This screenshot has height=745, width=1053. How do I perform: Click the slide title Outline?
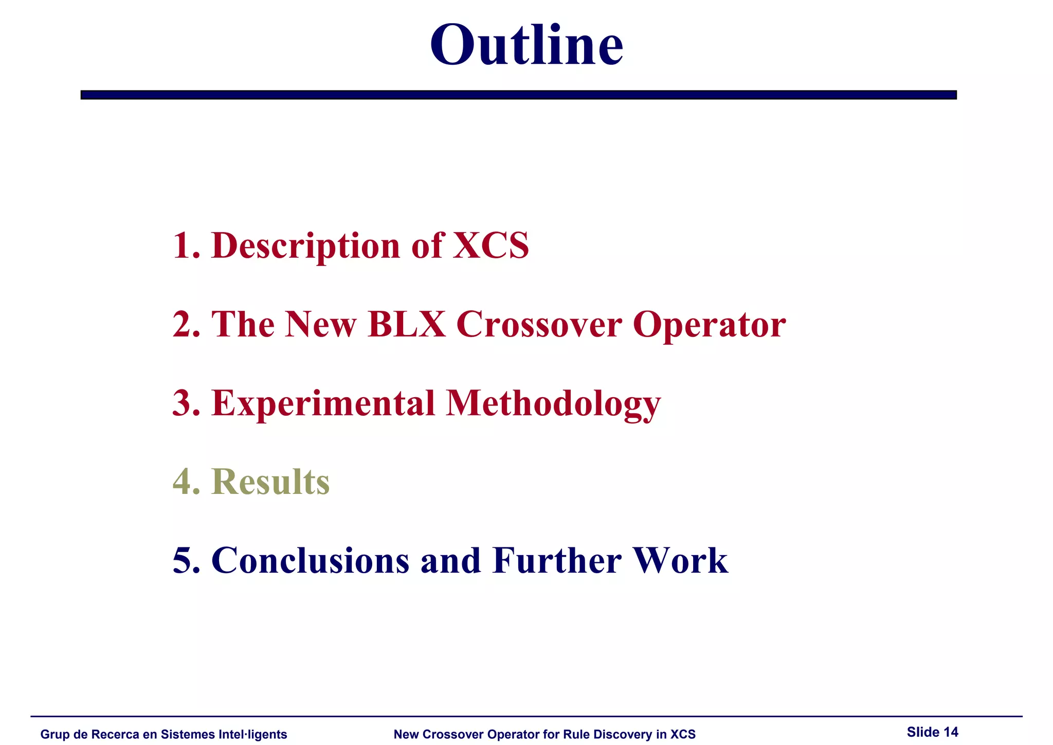[526, 45]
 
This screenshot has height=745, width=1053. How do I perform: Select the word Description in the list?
[305, 245]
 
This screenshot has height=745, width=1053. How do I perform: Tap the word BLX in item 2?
[407, 324]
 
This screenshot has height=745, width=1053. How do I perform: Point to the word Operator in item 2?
[709, 324]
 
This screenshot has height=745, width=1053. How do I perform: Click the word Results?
[270, 482]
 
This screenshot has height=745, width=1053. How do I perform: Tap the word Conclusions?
[310, 560]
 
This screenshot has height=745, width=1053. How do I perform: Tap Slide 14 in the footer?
[932, 732]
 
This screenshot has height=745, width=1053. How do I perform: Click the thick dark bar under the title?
[518, 95]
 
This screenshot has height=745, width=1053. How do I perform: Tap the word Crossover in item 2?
[539, 324]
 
